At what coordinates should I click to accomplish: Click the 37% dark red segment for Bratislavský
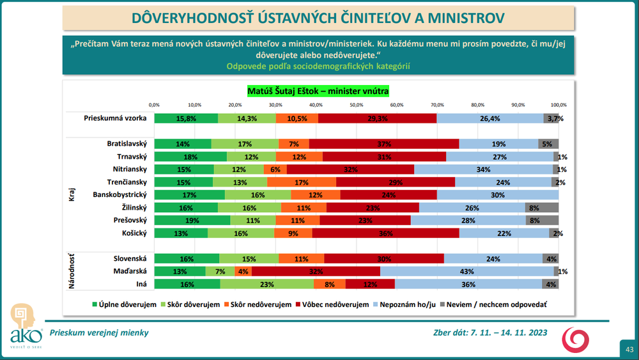384,144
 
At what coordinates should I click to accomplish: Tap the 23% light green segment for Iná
298,284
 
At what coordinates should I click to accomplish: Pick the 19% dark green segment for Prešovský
192,220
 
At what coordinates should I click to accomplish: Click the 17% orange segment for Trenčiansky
302,182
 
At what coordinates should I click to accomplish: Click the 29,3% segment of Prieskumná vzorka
378,118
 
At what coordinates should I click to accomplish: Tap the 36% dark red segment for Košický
386,233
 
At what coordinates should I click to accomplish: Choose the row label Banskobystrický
120,194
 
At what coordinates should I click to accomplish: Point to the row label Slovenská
130,258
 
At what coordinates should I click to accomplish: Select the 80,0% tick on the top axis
477,104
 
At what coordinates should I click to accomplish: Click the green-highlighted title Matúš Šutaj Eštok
318,91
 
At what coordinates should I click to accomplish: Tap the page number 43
629,349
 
